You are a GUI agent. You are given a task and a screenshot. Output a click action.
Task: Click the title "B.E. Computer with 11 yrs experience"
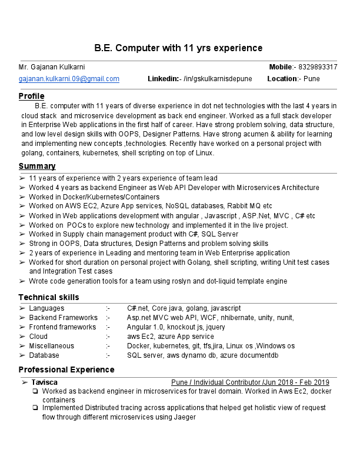[179, 48]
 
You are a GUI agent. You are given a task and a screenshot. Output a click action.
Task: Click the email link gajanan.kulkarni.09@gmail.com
[69, 79]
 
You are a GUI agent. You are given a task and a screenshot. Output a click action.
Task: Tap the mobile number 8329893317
[318, 67]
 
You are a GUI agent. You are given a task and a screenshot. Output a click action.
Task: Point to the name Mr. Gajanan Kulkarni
[52, 67]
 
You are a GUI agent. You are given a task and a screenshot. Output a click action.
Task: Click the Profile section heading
[31, 96]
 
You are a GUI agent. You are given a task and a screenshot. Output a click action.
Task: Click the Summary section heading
[37, 166]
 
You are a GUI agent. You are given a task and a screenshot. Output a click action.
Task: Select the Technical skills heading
[48, 297]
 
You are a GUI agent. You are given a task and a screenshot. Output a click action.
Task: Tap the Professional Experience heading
[66, 370]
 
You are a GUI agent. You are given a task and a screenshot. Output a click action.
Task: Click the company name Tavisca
[45, 382]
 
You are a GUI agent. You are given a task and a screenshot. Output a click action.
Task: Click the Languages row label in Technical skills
[46, 308]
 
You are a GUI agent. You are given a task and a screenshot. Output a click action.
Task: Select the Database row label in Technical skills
[44, 355]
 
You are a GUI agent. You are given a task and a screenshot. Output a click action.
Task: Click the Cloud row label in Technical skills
[38, 337]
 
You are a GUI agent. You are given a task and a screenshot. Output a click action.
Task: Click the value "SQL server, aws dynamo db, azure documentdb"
[202, 355]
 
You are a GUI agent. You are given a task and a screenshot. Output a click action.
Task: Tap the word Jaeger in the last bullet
[184, 417]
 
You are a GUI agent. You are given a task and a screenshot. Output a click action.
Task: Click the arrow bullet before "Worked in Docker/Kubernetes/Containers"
[22, 197]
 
